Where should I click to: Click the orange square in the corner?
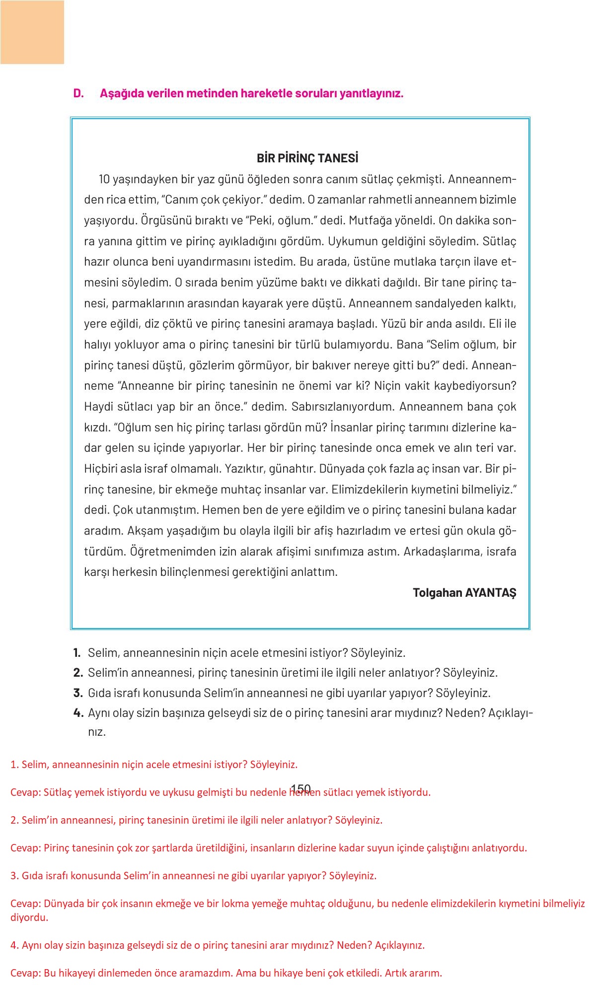pyautogui.click(x=32, y=32)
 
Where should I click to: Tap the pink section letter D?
pyautogui.click(x=78, y=93)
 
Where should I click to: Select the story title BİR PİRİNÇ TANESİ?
pyautogui.click(x=307, y=158)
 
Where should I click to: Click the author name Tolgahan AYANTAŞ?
pyautogui.click(x=464, y=592)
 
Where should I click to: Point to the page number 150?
pyautogui.click(x=300, y=788)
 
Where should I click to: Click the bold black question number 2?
pyautogui.click(x=78, y=673)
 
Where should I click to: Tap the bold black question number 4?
pyautogui.click(x=78, y=713)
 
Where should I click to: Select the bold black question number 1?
pyautogui.click(x=77, y=653)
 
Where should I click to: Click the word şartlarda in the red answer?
pyautogui.click(x=171, y=847)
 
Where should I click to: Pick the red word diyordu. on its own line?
pyautogui.click(x=29, y=917)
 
